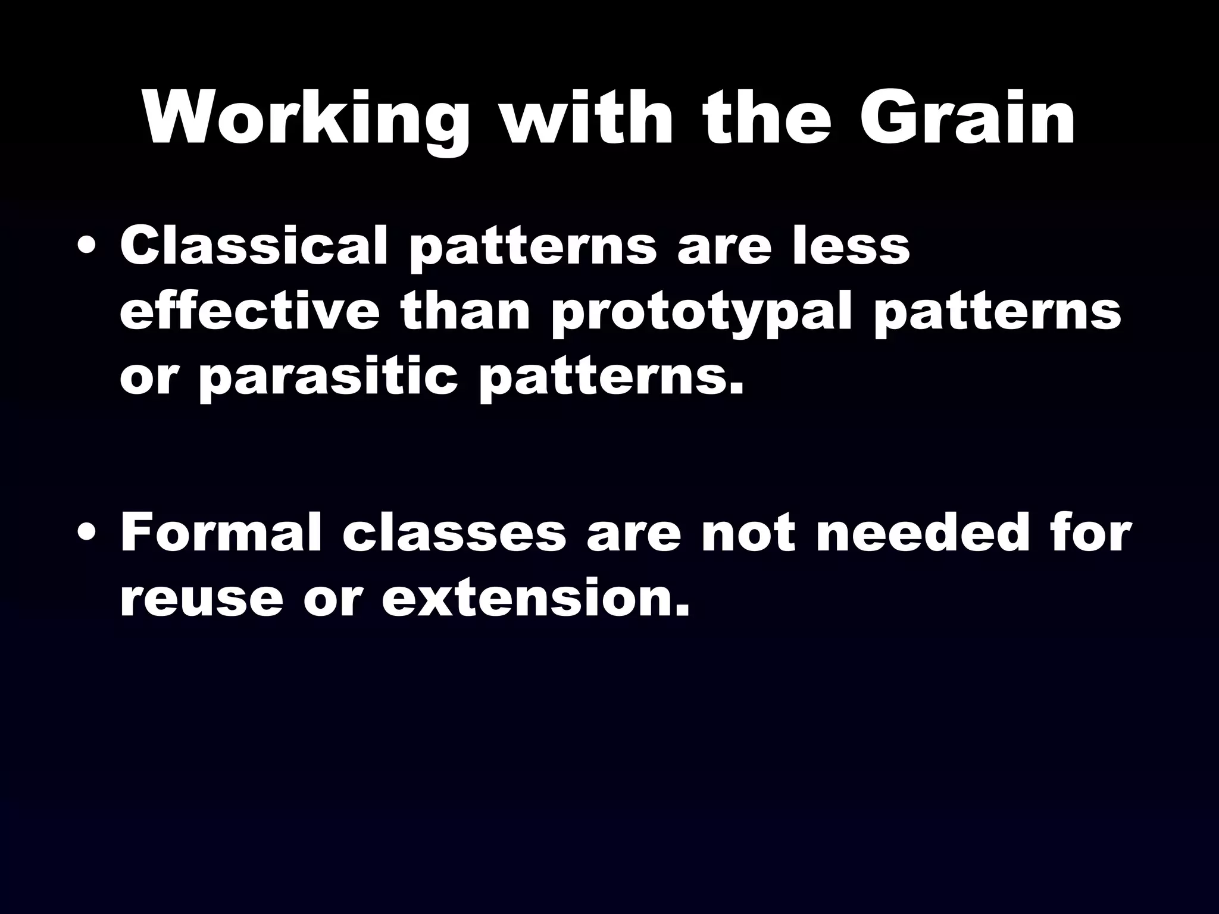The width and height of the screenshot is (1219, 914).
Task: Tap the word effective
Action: coord(249,312)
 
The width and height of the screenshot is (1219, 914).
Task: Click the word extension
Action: coord(536,597)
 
